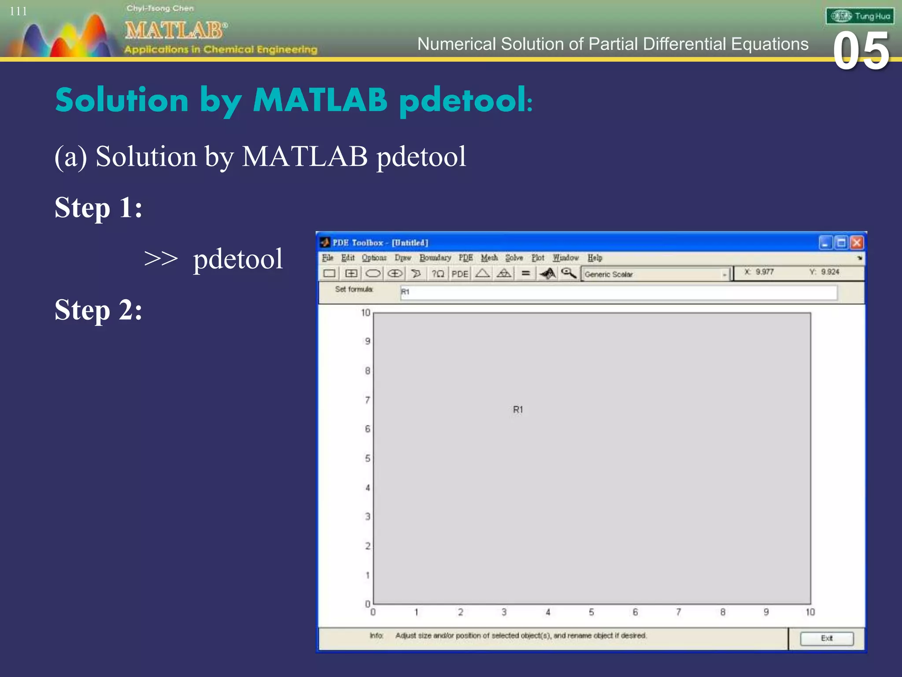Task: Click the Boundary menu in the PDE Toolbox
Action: click(x=435, y=258)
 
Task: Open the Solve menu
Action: click(x=514, y=258)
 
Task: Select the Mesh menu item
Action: click(x=489, y=258)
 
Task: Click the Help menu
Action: click(x=595, y=258)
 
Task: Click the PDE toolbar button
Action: click(x=460, y=274)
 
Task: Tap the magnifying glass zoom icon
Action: click(x=569, y=273)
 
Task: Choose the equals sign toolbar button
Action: click(x=525, y=274)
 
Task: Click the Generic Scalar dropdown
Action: click(x=655, y=274)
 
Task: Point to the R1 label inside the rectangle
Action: click(x=518, y=409)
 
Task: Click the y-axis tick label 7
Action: click(x=367, y=400)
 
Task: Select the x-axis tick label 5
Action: click(x=591, y=612)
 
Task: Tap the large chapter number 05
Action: click(x=861, y=51)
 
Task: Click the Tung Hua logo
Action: click(x=860, y=16)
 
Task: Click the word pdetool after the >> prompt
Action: click(x=238, y=259)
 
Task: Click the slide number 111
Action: click(x=18, y=11)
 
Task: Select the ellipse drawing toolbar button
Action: click(x=373, y=274)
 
